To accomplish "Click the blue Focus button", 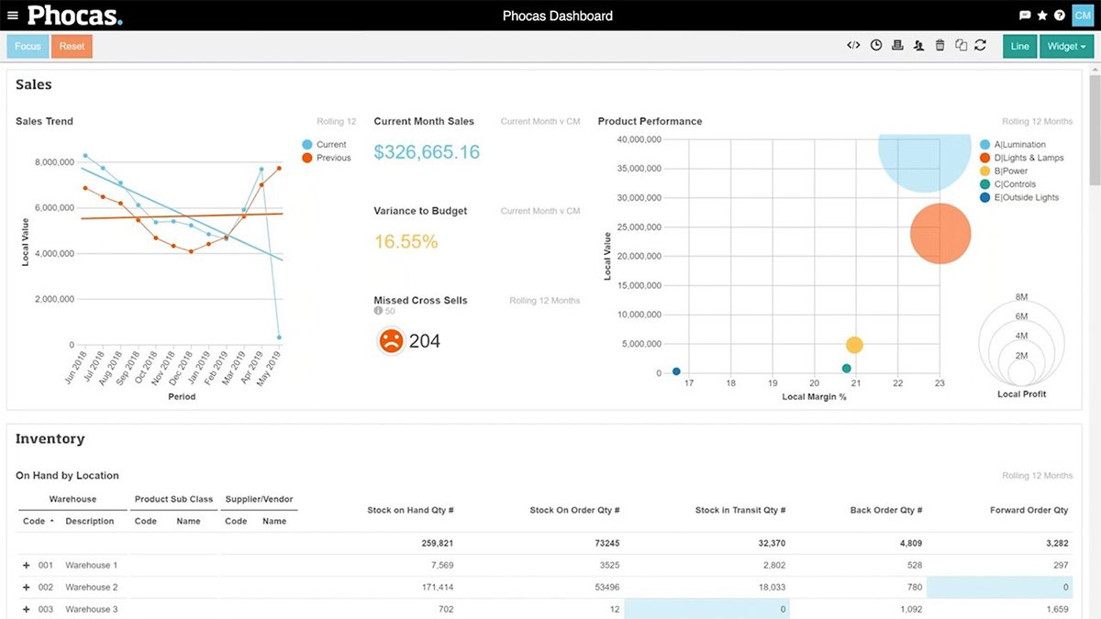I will (28, 47).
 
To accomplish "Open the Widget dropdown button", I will (1066, 47).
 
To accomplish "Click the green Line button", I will (1019, 47).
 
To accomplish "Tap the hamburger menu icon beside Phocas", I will (12, 16).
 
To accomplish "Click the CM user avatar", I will (1083, 16).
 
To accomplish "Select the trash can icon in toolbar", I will (940, 46).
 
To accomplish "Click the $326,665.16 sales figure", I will (427, 152).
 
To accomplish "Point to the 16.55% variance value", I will (406, 242).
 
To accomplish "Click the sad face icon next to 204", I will (391, 341).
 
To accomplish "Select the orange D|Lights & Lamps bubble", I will (940, 234).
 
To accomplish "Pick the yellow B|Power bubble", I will (854, 345).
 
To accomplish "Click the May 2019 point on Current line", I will (279, 337).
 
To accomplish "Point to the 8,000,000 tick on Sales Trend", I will (54, 162).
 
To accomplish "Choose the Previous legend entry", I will (332, 158).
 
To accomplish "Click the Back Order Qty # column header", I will (884, 510).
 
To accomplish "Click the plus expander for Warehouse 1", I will (26, 565).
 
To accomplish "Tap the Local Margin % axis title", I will (814, 396).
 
